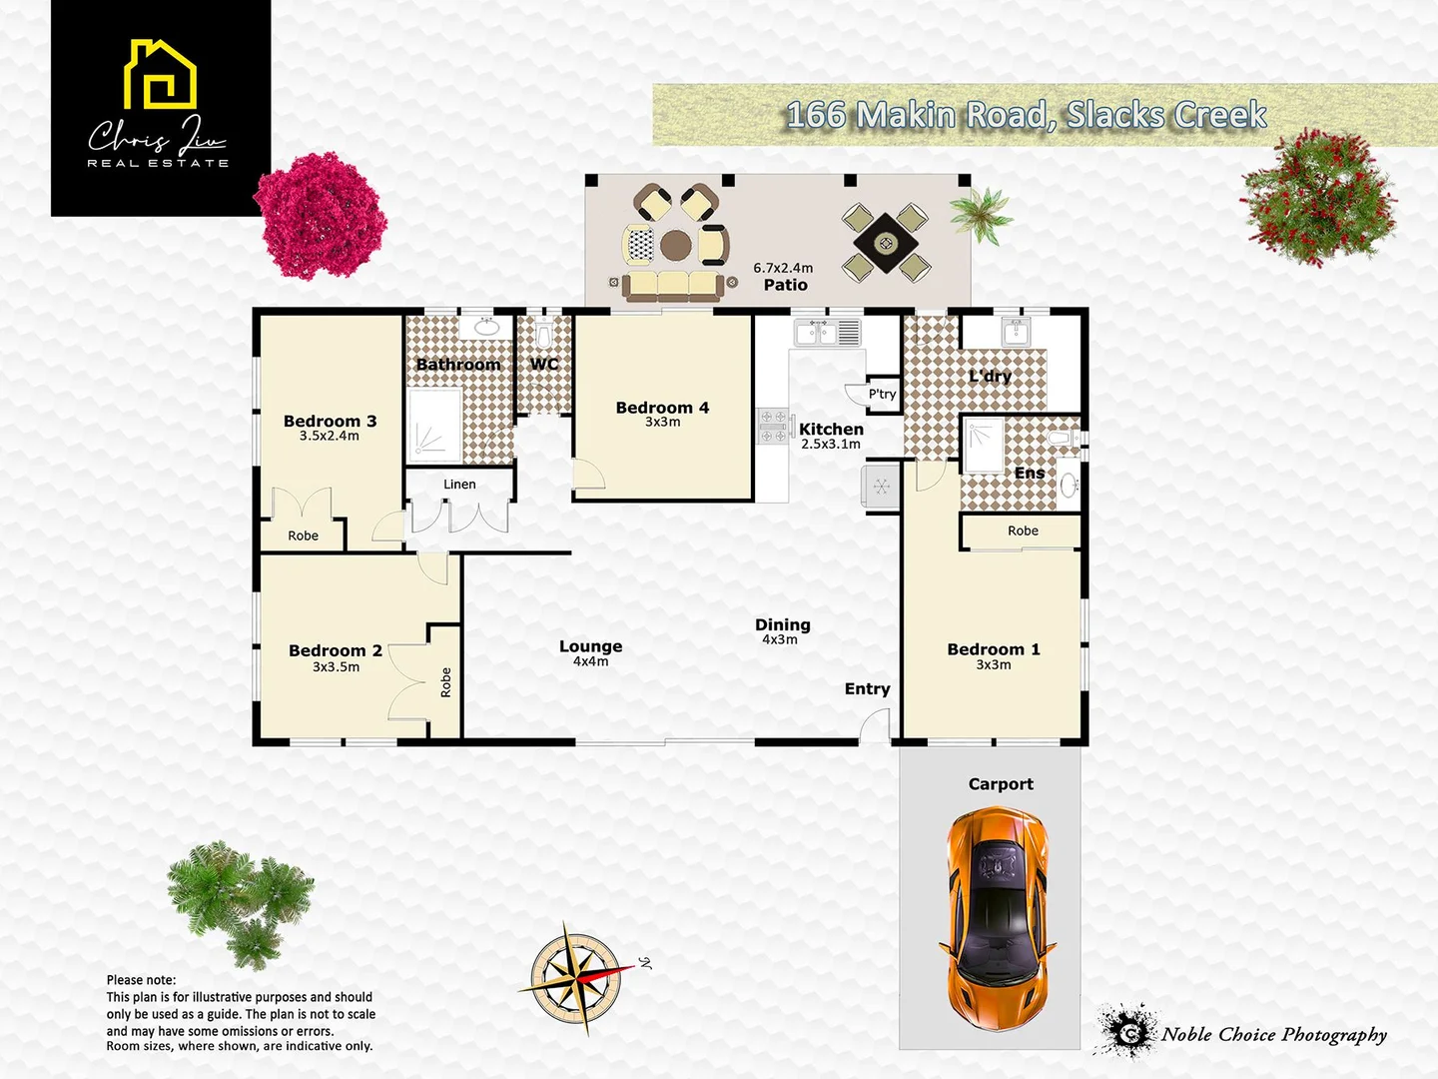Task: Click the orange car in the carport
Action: tap(997, 919)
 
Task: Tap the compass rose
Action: tap(575, 977)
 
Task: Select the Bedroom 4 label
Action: tap(662, 408)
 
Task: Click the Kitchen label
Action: tap(831, 429)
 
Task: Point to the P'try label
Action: tap(882, 394)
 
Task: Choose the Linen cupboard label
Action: tap(459, 485)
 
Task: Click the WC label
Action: tap(544, 364)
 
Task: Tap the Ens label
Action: tap(1030, 473)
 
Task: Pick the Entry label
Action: tap(867, 688)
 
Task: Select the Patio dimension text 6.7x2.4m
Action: tap(783, 268)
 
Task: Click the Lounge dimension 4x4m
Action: tap(590, 661)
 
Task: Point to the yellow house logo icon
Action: tap(160, 75)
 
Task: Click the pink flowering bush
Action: tap(322, 216)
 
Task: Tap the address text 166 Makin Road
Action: tap(1026, 115)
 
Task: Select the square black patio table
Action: tap(885, 242)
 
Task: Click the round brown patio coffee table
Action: tap(675, 244)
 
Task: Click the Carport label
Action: tap(1001, 784)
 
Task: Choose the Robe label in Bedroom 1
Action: tap(1023, 531)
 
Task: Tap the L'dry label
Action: tap(990, 376)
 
